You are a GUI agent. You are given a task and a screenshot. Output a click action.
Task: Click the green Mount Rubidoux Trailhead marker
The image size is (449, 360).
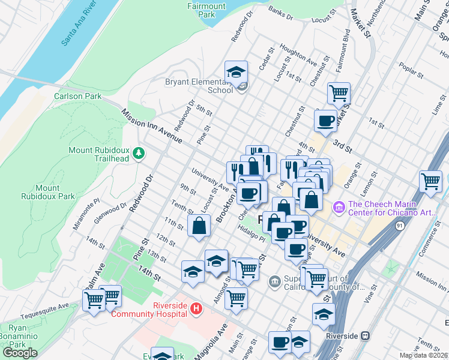pyautogui.click(x=139, y=154)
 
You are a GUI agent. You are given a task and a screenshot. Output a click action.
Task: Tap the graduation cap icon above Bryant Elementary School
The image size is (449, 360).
pyautogui.click(x=237, y=72)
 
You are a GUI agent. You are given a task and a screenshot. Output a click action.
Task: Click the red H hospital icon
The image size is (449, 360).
pyautogui.click(x=195, y=309)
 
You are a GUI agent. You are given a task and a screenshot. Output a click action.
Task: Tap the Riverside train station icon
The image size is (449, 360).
pyautogui.click(x=364, y=336)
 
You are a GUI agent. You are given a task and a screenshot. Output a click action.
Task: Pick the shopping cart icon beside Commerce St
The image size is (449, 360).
pyautogui.click(x=431, y=181)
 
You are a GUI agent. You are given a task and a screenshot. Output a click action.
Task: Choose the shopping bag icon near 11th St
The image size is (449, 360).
pyautogui.click(x=199, y=226)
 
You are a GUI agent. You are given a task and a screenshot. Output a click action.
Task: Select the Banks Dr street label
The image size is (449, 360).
pyautogui.click(x=280, y=11)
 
